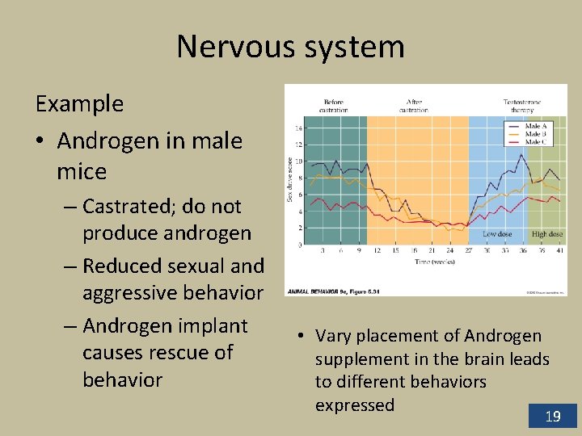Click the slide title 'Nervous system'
coord(290,47)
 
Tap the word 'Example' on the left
coord(79,104)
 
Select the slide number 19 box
coord(553,416)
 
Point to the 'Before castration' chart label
coord(333,106)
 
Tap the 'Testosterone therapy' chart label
coord(522,106)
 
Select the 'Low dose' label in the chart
coord(497,234)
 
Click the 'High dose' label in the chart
coord(546,234)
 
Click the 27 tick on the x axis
coord(468,251)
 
